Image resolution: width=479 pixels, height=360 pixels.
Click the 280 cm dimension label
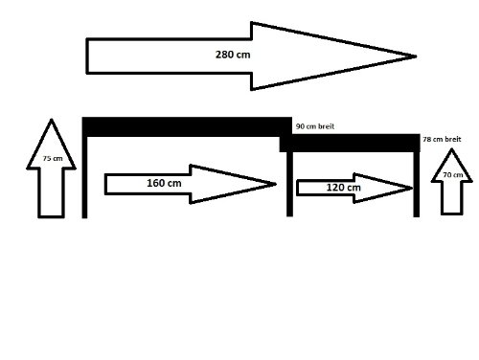coord(233,55)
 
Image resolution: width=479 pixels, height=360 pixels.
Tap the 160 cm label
coord(164,183)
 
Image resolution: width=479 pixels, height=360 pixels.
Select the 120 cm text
coord(344,188)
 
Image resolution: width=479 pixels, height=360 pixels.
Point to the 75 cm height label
coord(53,158)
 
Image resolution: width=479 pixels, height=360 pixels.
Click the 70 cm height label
coord(453,174)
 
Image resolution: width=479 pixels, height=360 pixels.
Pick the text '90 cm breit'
coord(315,126)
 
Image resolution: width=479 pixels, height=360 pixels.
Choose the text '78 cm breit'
coord(442,139)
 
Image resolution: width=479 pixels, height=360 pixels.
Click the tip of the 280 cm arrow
coord(416,56)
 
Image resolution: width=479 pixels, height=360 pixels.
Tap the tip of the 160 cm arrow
coord(276,184)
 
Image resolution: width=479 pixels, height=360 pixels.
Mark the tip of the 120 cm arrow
coord(413,188)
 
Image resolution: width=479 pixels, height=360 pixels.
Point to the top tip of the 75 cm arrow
coord(51,120)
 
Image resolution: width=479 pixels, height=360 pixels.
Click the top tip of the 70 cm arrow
coord(451,149)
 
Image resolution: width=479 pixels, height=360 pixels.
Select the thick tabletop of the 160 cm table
coord(187,127)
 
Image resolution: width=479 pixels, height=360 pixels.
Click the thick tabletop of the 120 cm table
coord(350,143)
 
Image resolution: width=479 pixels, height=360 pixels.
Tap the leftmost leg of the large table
coord(84,177)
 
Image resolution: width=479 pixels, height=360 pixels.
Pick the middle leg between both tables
coord(289,184)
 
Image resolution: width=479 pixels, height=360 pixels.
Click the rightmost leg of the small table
coord(417,185)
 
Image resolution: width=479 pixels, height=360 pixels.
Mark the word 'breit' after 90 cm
coord(326,126)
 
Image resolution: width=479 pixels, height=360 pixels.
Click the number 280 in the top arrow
coord(224,55)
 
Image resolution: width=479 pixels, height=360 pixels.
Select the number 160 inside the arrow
coord(156,183)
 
